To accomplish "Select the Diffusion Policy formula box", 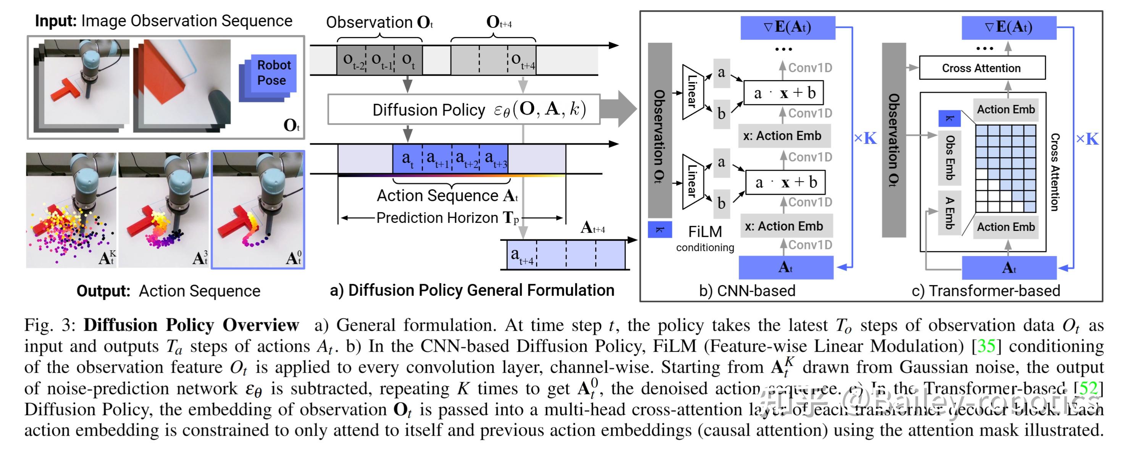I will pyautogui.click(x=463, y=109).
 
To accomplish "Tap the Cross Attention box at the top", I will pyautogui.click(x=981, y=68).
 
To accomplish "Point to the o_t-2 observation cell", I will pyautogui.click(x=351, y=60).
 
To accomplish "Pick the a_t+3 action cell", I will pyautogui.click(x=494, y=158).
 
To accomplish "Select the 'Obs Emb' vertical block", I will pyautogui.click(x=949, y=158).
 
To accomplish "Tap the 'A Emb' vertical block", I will pyautogui.click(x=949, y=213).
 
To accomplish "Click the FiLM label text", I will pyautogui.click(x=704, y=231).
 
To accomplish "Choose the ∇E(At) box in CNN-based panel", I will pyautogui.click(x=787, y=27).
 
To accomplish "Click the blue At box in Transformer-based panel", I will pyautogui.click(x=1008, y=268).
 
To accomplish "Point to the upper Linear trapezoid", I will pyautogui.click(x=693, y=92).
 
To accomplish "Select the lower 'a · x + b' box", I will pyautogui.click(x=785, y=182).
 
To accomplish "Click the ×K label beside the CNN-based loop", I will pyautogui.click(x=865, y=139).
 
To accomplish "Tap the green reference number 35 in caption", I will pyautogui.click(x=986, y=346).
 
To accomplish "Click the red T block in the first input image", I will pyautogui.click(x=66, y=90).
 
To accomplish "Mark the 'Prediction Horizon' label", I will pyautogui.click(x=437, y=218).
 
